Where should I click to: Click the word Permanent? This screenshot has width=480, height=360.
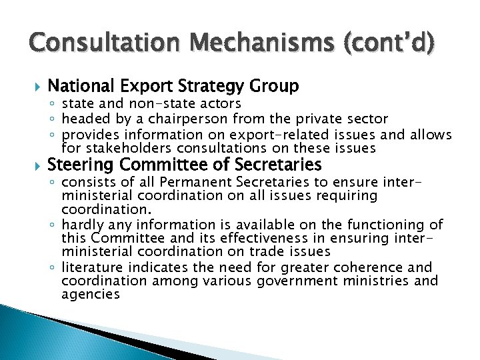pos(191,182)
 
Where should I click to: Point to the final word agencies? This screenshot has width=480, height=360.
pos(91,294)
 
